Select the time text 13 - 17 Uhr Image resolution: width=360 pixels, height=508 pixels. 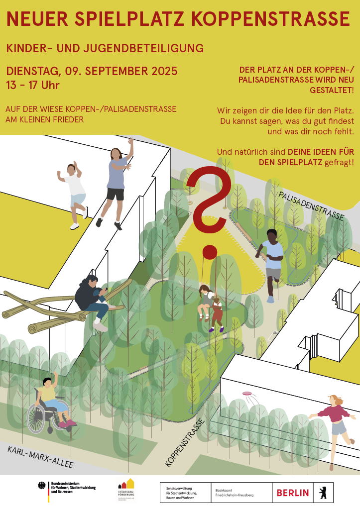click(x=33, y=85)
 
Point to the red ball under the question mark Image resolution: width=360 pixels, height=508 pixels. click(x=210, y=252)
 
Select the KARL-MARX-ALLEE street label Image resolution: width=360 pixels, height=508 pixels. click(x=40, y=457)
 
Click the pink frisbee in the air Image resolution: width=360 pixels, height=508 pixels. click(x=247, y=394)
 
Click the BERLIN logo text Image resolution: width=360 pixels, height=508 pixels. click(x=292, y=493)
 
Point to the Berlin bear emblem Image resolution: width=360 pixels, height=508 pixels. click(x=322, y=493)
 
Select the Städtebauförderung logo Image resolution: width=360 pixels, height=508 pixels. click(x=125, y=490)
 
